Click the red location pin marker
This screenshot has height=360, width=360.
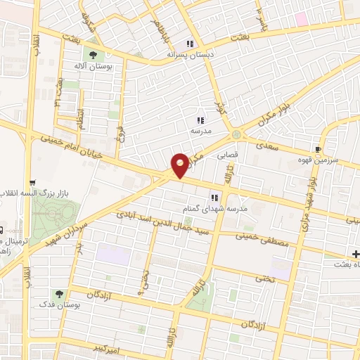coord(180,165)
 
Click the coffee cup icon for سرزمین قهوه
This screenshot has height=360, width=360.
coord(318,149)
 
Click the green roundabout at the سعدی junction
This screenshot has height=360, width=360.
coord(236,134)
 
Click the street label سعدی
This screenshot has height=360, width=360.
coord(268,144)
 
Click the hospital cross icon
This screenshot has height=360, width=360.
coord(356,254)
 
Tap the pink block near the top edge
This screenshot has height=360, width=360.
coord(301,19)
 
